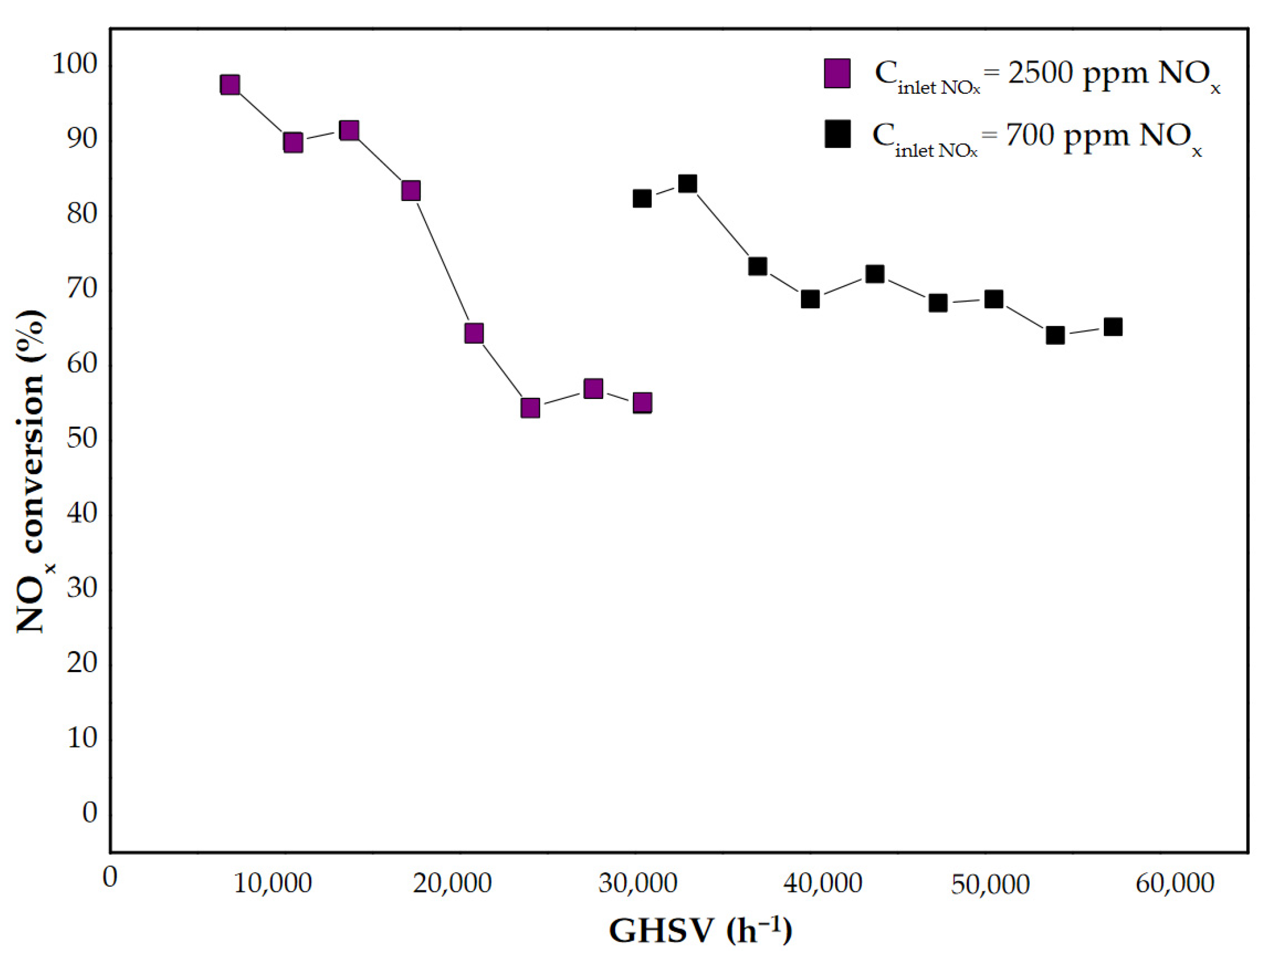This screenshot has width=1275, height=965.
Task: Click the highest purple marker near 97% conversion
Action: (230, 85)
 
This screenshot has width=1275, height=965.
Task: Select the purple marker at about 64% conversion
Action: (474, 333)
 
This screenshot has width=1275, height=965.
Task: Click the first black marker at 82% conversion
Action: (642, 199)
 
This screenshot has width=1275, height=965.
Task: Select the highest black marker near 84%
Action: (687, 184)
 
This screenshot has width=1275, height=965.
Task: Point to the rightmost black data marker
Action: (1113, 327)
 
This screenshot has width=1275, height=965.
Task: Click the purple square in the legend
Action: (837, 73)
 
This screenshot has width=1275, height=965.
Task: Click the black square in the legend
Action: (837, 134)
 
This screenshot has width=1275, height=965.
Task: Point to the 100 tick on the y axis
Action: (75, 64)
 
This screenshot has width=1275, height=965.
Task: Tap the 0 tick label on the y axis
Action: (90, 813)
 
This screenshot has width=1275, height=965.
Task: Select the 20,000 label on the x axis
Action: (452, 884)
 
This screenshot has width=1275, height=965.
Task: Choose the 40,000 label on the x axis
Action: (823, 884)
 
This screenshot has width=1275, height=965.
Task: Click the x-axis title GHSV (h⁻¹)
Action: (700, 930)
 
